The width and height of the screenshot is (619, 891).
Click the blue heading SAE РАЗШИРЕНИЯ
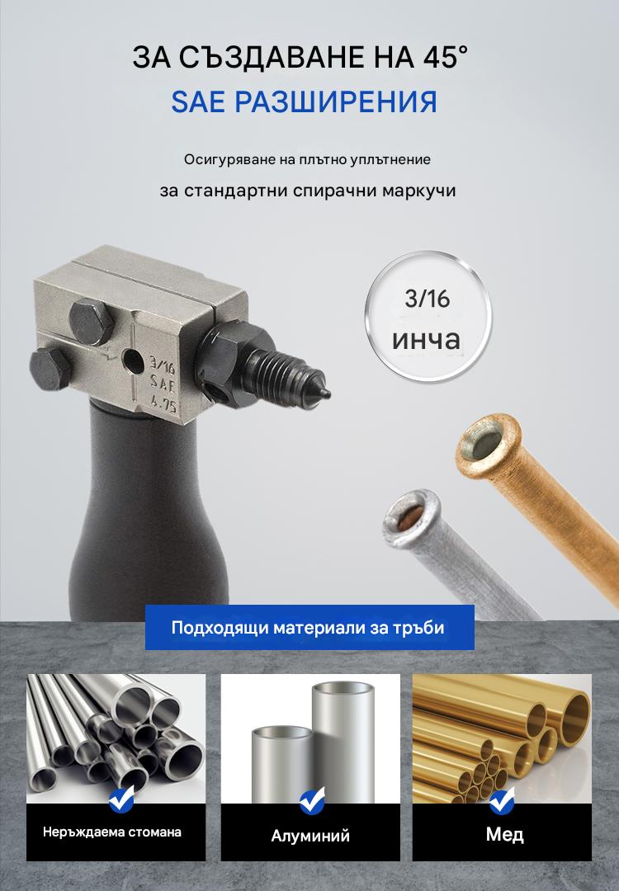point(304,102)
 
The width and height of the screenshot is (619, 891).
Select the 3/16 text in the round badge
point(428,299)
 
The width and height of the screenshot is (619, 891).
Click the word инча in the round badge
point(427,340)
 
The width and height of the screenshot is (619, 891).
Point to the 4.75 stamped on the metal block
point(163,405)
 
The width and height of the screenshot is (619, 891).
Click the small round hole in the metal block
point(135,361)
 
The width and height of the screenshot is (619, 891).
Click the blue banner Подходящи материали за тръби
point(309,627)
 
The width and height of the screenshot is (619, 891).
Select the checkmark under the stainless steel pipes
point(122,799)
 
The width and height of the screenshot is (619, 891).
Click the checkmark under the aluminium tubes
point(311,799)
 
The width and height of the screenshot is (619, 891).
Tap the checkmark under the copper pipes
point(502,799)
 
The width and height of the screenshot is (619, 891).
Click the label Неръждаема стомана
point(112,832)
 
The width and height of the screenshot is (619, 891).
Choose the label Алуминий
point(310,836)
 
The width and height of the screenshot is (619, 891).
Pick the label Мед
point(504,834)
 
